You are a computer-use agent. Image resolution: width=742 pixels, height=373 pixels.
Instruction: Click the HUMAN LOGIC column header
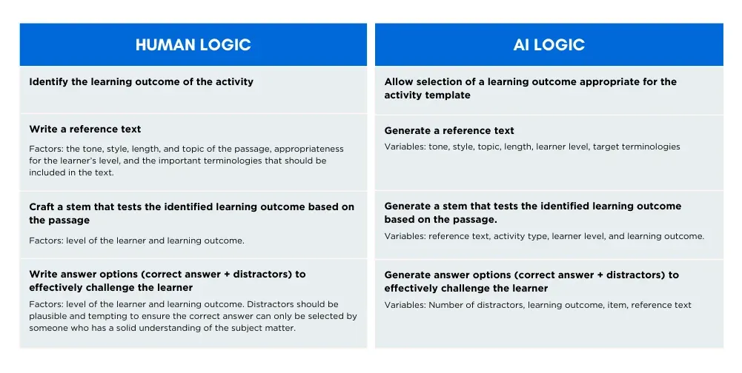point(193,45)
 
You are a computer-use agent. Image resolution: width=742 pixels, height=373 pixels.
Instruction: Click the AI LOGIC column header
point(549,45)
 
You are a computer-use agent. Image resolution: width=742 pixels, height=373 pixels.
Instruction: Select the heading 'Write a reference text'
point(85,129)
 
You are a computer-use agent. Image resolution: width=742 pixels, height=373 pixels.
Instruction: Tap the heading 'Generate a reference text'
point(449,130)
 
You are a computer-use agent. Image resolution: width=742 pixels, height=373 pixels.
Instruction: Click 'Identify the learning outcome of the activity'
point(141,82)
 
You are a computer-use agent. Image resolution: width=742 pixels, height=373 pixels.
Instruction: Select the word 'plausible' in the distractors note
point(47,316)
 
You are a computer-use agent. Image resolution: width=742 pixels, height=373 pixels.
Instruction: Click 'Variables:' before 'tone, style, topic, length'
point(405,147)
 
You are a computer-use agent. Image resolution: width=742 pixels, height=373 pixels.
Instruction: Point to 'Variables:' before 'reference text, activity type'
point(405,236)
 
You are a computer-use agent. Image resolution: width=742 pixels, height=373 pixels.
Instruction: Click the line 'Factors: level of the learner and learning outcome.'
point(136,241)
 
